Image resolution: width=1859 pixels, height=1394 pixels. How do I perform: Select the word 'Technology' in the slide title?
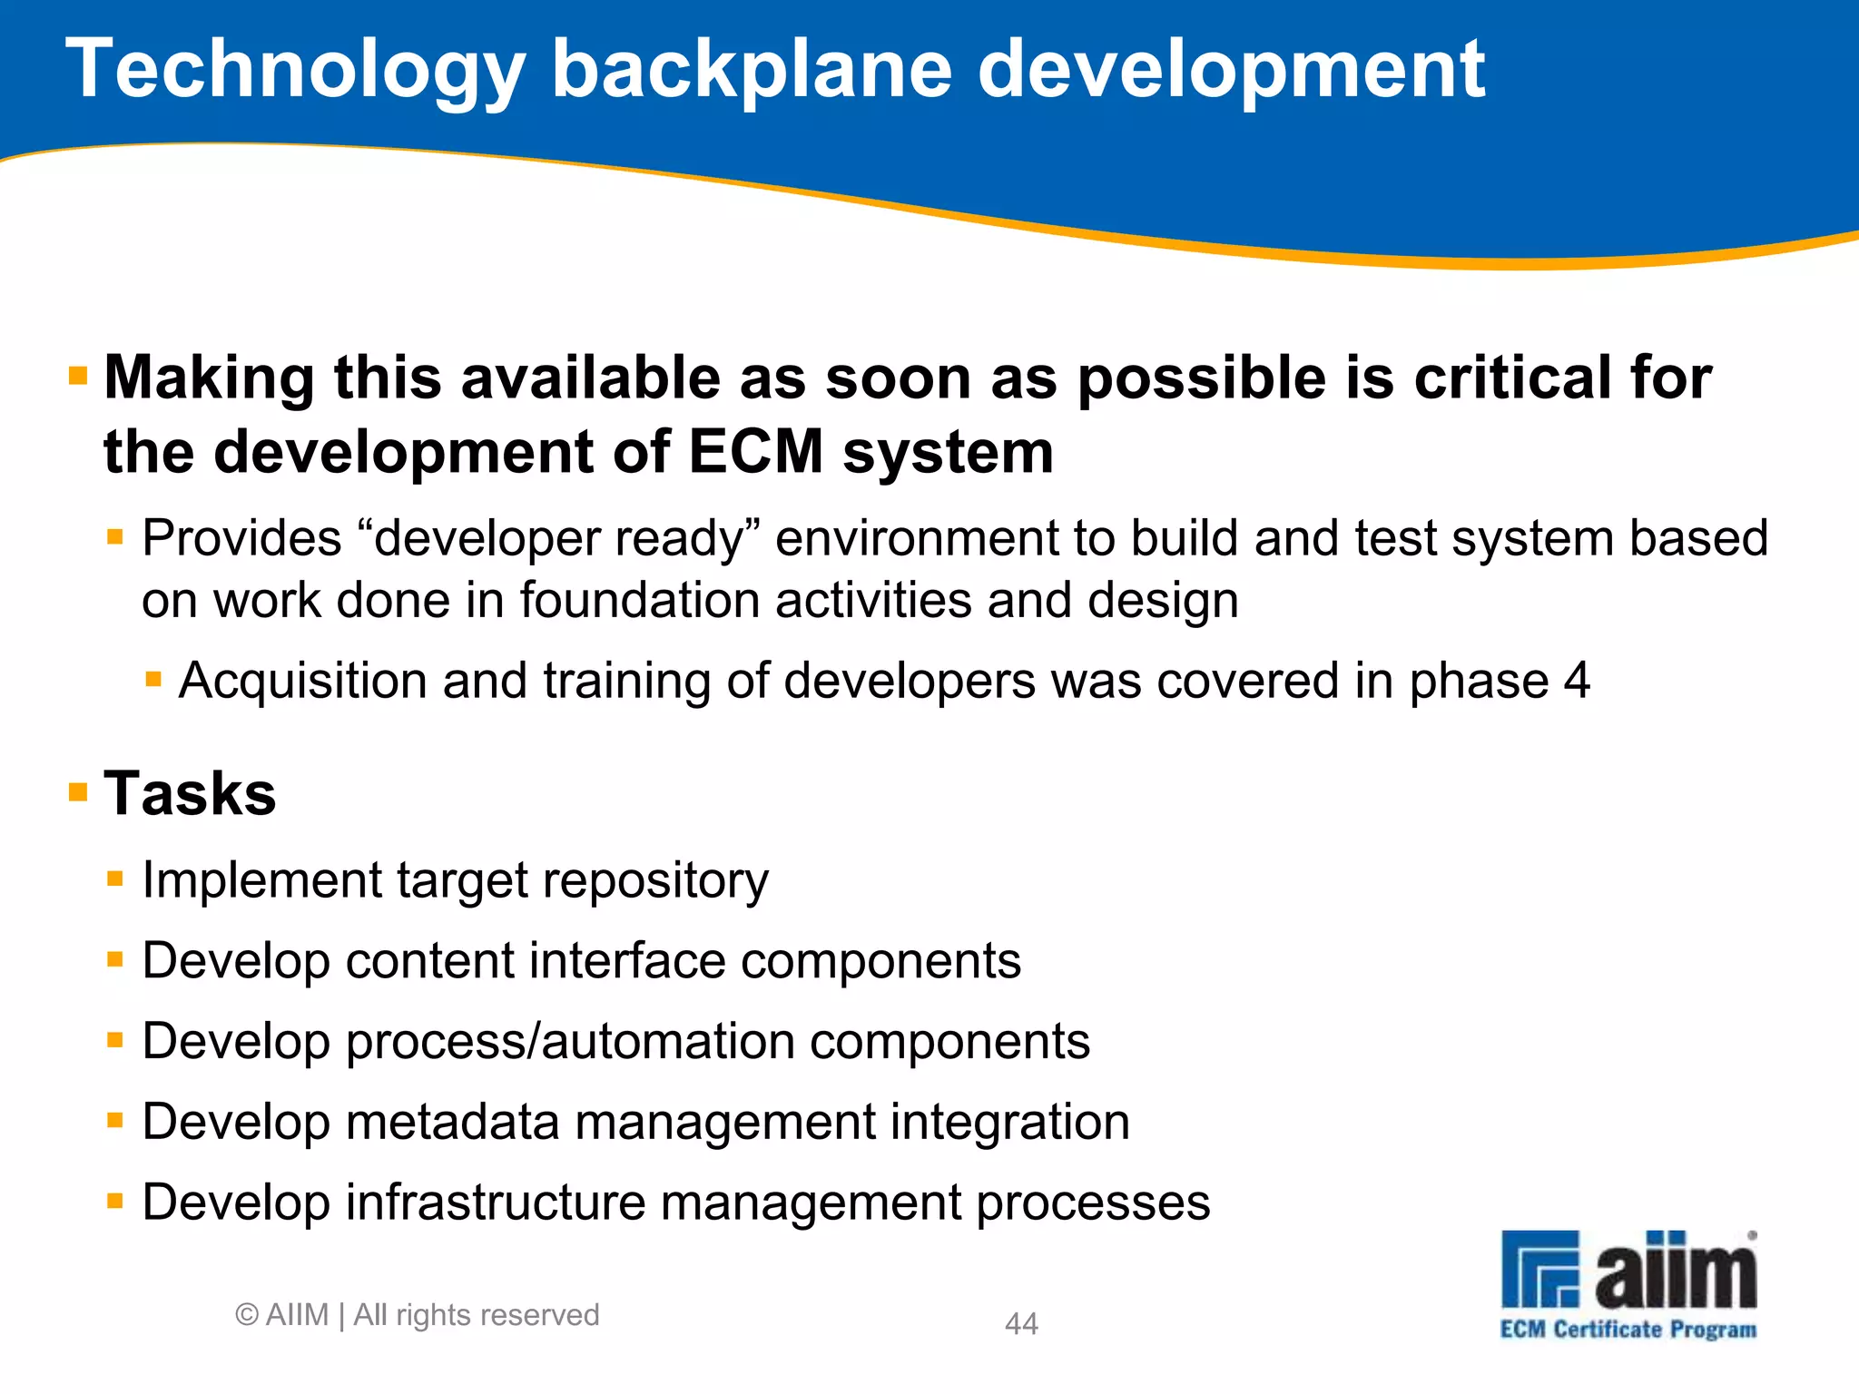(x=296, y=73)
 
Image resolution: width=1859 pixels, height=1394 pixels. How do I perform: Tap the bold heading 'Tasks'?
(x=190, y=793)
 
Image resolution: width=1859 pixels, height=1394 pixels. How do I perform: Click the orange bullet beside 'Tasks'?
(x=78, y=792)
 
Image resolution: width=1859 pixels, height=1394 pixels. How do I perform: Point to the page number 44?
(x=1021, y=1323)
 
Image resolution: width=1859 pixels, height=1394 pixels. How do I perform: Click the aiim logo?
(x=1628, y=1271)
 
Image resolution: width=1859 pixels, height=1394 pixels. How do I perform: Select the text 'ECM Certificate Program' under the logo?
(x=1628, y=1330)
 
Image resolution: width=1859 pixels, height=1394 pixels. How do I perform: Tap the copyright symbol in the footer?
(x=247, y=1315)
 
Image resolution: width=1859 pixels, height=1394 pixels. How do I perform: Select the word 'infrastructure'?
(x=495, y=1203)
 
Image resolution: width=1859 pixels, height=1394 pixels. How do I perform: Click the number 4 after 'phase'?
(x=1577, y=681)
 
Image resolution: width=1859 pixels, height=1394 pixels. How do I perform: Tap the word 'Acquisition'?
(x=302, y=681)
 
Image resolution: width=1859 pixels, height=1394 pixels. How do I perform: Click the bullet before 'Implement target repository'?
(x=114, y=878)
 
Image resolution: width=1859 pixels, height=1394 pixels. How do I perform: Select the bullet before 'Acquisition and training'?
(x=153, y=678)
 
